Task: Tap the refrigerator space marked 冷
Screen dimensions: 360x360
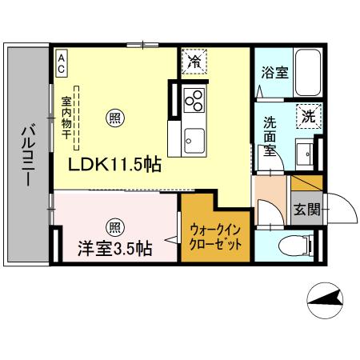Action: coord(194,61)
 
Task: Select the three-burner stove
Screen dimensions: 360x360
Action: coord(194,100)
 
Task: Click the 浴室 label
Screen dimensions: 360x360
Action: coord(274,72)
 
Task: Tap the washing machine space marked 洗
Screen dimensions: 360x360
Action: coord(307,116)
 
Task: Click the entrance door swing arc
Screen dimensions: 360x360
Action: coord(340,210)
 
